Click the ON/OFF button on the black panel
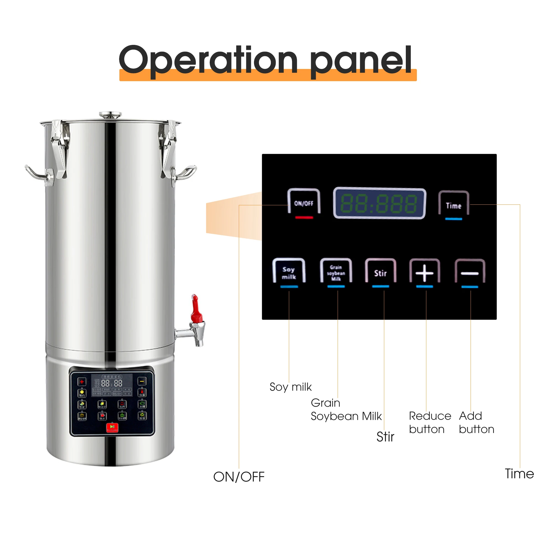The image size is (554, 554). pos(304,203)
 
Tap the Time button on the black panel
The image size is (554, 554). pos(453,205)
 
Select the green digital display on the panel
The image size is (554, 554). pos(379,203)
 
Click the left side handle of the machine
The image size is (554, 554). pos(37,173)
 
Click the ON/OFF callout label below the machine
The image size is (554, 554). pos(238,477)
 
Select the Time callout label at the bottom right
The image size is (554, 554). pos(519,474)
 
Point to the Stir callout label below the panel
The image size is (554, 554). pos(385,437)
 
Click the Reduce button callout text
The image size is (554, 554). pos(430,422)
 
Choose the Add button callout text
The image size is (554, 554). pos(476,422)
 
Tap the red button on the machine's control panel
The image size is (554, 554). pos(112,427)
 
